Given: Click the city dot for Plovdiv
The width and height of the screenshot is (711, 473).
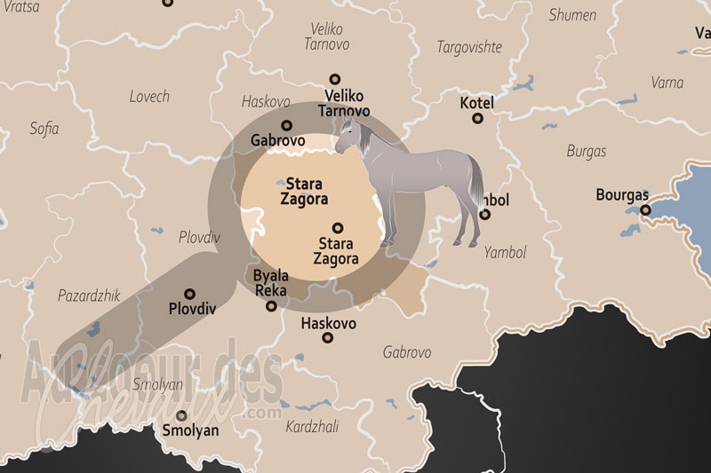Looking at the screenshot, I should pyautogui.click(x=188, y=294).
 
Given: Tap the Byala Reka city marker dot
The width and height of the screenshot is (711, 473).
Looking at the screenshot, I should pyautogui.click(x=271, y=306).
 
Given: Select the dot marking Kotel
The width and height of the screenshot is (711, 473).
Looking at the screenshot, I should pyautogui.click(x=477, y=118).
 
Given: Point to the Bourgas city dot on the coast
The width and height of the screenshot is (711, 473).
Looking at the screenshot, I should pyautogui.click(x=646, y=210).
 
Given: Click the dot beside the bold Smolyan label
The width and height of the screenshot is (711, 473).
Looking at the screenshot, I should pyautogui.click(x=182, y=415).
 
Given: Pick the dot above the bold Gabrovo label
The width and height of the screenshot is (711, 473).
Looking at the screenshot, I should pyautogui.click(x=286, y=125).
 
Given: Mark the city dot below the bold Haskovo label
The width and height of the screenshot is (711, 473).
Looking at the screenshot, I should pyautogui.click(x=328, y=338).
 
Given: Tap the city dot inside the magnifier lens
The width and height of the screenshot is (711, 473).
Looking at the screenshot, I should pyautogui.click(x=337, y=227).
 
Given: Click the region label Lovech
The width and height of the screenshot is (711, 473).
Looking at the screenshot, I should pyautogui.click(x=149, y=96).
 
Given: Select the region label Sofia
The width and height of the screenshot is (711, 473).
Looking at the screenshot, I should pyautogui.click(x=44, y=129).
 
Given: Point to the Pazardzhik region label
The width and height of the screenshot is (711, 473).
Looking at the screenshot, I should pyautogui.click(x=89, y=296).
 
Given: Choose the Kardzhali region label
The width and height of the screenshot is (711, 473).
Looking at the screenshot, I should pyautogui.click(x=312, y=427).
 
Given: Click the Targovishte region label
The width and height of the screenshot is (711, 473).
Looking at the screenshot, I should pyautogui.click(x=469, y=47).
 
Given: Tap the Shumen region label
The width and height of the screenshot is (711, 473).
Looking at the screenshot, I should pyautogui.click(x=572, y=15).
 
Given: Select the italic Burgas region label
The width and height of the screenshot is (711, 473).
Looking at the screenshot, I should pyautogui.click(x=587, y=151).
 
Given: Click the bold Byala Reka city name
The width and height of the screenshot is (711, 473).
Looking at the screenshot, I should pyautogui.click(x=271, y=282).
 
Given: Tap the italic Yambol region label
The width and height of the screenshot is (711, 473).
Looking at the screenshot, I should pyautogui.click(x=506, y=253).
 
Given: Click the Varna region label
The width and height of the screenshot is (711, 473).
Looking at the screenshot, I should pyautogui.click(x=667, y=83).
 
